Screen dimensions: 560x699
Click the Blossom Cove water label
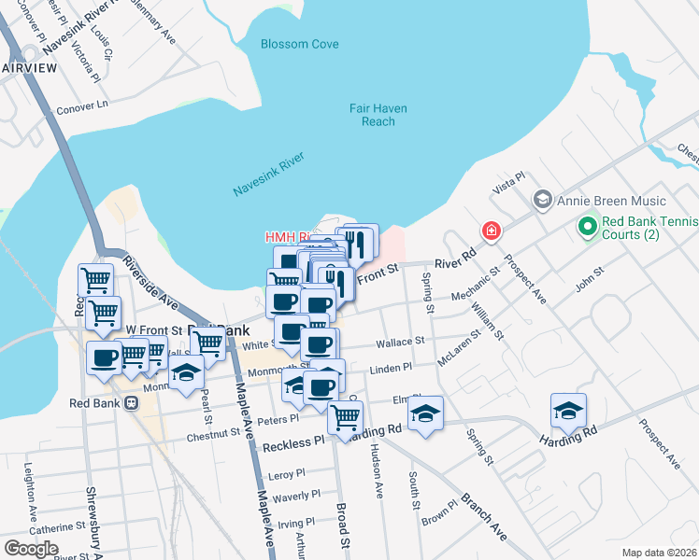[298, 44]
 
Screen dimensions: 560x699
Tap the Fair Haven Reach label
[378, 115]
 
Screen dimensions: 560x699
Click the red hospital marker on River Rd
[490, 230]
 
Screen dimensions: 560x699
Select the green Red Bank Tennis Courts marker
[587, 226]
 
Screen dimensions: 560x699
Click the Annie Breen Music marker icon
[541, 201]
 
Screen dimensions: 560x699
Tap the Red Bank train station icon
[131, 403]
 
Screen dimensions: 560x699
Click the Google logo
[31, 549]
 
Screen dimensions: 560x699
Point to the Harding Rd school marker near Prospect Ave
[567, 411]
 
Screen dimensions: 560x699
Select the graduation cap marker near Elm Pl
[426, 413]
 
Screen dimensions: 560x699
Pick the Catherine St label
[57, 527]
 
